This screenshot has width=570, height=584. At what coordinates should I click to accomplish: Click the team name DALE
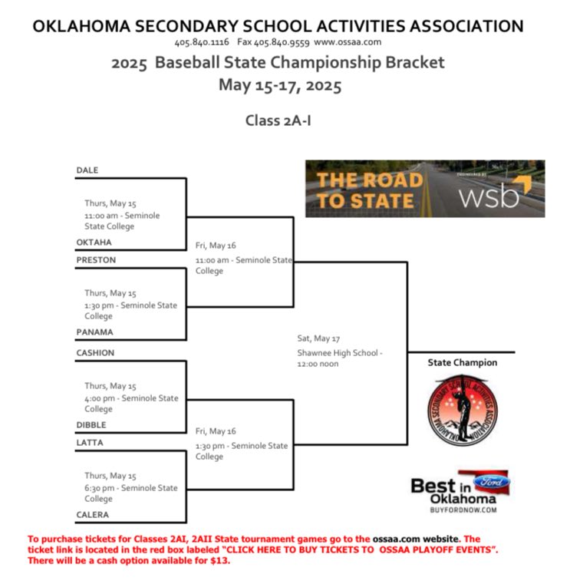coord(87,170)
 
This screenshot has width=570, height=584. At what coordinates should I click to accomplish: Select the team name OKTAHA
coord(94,243)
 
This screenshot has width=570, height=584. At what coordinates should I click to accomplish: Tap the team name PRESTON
coord(96,260)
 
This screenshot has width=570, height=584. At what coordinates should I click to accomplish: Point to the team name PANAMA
coord(94,332)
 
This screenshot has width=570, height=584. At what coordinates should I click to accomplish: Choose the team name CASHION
coord(95,353)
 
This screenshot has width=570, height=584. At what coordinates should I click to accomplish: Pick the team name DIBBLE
coord(91,425)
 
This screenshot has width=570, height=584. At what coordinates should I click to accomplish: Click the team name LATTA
coord(90,443)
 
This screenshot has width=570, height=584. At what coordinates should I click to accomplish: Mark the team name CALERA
coord(92,515)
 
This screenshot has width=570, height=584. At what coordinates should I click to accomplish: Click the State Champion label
coord(462,362)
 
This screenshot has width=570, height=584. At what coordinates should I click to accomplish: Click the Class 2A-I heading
coord(278,120)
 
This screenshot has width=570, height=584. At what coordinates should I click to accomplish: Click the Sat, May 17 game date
coord(318,338)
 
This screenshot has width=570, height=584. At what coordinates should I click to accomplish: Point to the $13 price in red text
coord(222,560)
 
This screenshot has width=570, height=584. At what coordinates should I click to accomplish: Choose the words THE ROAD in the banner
coord(370,181)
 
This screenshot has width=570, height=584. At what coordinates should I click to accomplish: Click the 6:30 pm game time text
coord(101,488)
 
